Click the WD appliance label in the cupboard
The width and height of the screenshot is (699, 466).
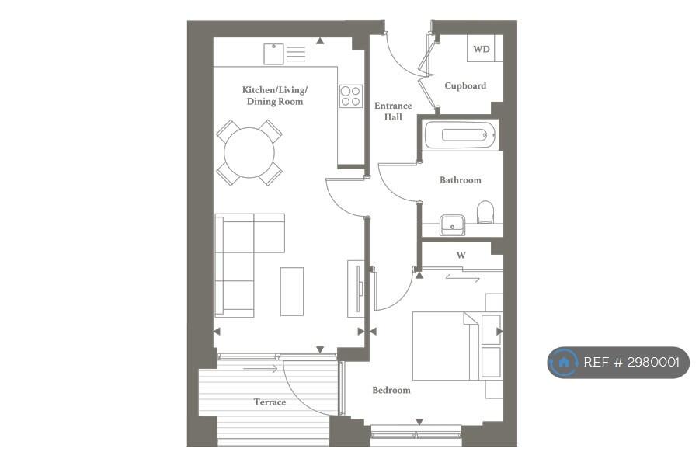pyautogui.click(x=481, y=49)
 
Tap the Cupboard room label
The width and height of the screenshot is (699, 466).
pyautogui.click(x=465, y=85)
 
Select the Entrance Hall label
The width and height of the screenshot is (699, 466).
pyautogui.click(x=393, y=112)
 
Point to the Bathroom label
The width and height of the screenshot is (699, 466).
pyautogui.click(x=461, y=180)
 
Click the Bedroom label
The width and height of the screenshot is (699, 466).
pyautogui.click(x=391, y=390)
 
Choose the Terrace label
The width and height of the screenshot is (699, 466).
pyautogui.click(x=270, y=402)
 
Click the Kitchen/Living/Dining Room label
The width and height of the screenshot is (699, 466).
pyautogui.click(x=275, y=96)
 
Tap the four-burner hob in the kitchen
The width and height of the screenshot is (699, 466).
pyautogui.click(x=351, y=96)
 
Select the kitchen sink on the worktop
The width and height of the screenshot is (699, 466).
pyautogui.click(x=273, y=54)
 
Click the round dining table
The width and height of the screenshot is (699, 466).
pyautogui.click(x=249, y=153)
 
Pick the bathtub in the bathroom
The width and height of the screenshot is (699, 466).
pyautogui.click(x=460, y=135)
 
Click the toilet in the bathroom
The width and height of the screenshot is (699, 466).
pyautogui.click(x=485, y=212)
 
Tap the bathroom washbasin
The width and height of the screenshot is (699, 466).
pyautogui.click(x=453, y=225)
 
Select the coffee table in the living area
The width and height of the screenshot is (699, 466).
pyautogui.click(x=292, y=292)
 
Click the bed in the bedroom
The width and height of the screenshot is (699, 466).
pyautogui.click(x=446, y=346)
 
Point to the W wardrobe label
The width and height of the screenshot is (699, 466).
pyautogui.click(x=461, y=256)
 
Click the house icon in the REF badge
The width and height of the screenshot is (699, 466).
pyautogui.click(x=564, y=362)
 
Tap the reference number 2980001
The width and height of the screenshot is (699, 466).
pyautogui.click(x=653, y=362)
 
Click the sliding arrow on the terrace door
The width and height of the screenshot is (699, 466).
pyautogui.click(x=260, y=369)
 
